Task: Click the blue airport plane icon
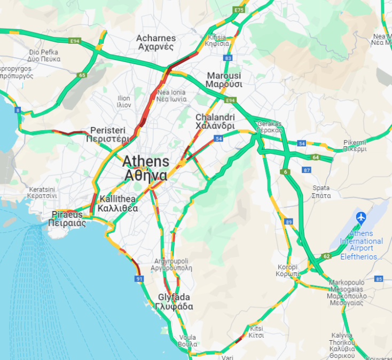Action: [362, 218]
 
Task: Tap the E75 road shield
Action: [239, 10]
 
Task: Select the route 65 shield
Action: [82, 75]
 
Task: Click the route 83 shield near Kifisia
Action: [229, 58]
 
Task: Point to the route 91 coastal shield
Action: [139, 279]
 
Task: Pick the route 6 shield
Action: [286, 172]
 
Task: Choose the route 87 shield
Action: [307, 170]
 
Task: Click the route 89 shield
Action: [289, 222]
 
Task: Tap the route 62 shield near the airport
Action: [326, 256]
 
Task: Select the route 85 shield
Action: [379, 279]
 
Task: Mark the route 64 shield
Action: [316, 158]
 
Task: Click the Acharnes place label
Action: [156, 42]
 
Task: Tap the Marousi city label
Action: [224, 80]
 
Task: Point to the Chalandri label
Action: [215, 121]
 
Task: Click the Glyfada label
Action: [174, 302]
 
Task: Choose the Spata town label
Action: [321, 191]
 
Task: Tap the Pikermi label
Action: [355, 145]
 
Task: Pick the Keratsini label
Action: [43, 192]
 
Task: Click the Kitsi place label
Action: [256, 331]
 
